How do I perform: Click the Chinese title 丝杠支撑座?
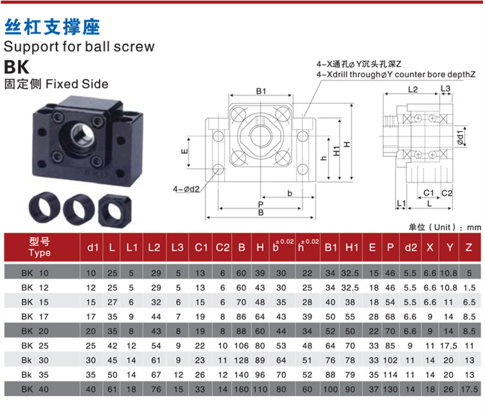52,26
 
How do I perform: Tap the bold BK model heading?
17,67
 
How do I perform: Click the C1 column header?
201,248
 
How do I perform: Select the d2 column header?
410,248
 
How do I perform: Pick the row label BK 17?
35,316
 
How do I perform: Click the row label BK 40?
35,389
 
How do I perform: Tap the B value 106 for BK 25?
242,346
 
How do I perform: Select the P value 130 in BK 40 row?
391,389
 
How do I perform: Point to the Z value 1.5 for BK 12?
469,287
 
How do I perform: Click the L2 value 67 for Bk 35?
156,375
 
